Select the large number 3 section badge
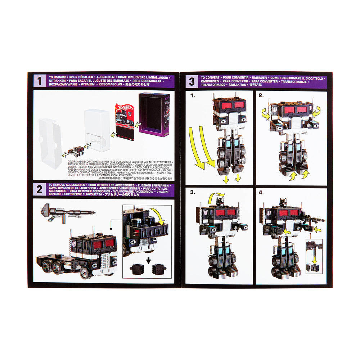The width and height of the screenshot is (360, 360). [x=192, y=82]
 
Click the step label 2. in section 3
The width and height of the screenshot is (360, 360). [x=261, y=96]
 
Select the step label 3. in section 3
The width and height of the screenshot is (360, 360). [x=192, y=193]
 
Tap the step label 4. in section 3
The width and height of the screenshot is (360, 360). [x=261, y=193]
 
